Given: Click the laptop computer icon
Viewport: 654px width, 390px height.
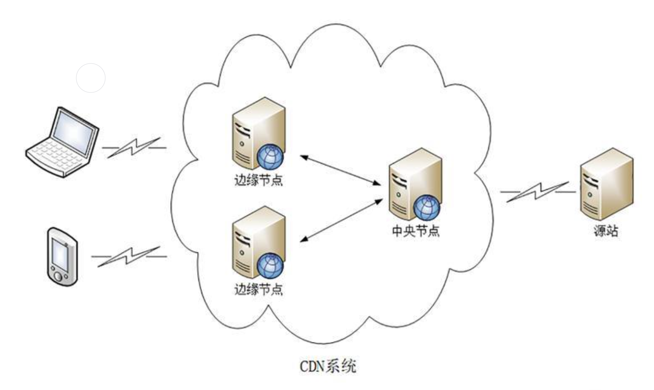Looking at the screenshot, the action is click(x=62, y=142).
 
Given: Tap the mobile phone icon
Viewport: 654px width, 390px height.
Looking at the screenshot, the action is click(x=63, y=257).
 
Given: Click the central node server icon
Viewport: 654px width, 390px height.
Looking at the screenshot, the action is click(x=415, y=184).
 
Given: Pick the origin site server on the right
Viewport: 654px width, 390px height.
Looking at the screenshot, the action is click(x=606, y=184).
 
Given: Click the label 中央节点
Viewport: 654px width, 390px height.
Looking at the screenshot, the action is click(x=415, y=231).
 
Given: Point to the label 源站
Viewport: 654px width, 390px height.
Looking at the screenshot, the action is click(x=606, y=231).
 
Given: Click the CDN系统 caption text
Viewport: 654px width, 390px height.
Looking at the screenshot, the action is click(x=328, y=366).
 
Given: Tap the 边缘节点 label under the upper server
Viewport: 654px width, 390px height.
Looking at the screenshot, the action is click(x=259, y=180).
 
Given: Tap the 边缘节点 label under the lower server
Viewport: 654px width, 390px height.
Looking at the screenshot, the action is click(x=259, y=290).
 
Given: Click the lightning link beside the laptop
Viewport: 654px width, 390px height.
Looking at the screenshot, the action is click(x=134, y=148).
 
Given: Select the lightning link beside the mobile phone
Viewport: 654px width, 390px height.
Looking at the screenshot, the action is click(x=129, y=257).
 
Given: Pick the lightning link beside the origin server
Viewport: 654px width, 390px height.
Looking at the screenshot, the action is click(x=538, y=192).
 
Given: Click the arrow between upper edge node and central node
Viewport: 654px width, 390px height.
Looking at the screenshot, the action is click(x=340, y=170).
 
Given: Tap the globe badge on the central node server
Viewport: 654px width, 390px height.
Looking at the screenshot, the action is click(x=427, y=208).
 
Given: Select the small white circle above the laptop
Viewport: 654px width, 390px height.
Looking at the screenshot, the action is click(x=91, y=78).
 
